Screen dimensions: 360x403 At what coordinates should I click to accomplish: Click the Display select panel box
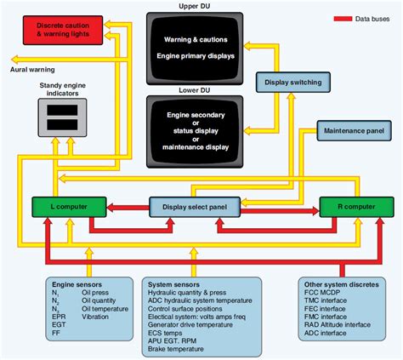click(x=195, y=205)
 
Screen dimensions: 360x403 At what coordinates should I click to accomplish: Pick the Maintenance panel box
click(x=351, y=131)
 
